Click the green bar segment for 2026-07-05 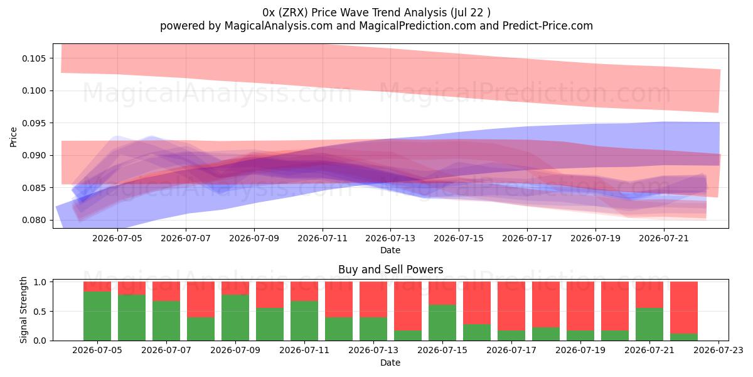[97, 315]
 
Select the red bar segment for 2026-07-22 [684, 308]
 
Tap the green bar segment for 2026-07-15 [442, 322]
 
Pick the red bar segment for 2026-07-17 [511, 306]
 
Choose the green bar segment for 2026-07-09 [235, 317]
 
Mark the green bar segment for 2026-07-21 [649, 324]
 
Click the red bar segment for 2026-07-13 [373, 300]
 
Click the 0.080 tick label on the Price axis [34, 220]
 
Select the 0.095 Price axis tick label [34, 123]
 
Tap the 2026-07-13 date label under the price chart [390, 238]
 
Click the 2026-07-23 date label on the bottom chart [718, 351]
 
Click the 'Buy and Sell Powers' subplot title [390, 270]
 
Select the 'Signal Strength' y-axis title [23, 310]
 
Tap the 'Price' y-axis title [13, 137]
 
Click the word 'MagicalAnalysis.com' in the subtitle [279, 26]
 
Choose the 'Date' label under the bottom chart [390, 363]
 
